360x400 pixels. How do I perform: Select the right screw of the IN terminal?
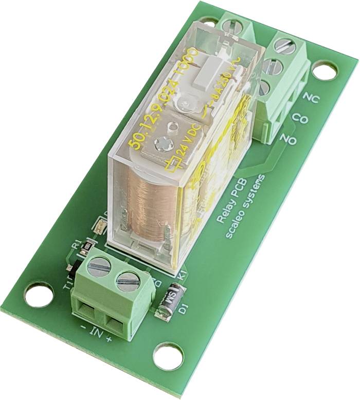(x=127, y=280)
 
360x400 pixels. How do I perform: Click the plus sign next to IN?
(x=109, y=339)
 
